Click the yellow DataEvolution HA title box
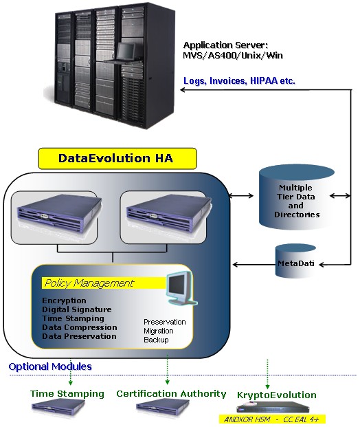117,158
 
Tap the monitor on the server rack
126,51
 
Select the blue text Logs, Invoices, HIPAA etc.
239,81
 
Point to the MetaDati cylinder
296,261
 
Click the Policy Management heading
89,283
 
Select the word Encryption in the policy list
64,300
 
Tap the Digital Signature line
77,309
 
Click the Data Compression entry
80,327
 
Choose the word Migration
159,331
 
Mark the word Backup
156,340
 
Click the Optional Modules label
50,366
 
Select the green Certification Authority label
171,394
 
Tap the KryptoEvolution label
276,395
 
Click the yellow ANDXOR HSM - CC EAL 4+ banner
272,419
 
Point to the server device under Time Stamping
58,407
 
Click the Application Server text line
225,45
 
